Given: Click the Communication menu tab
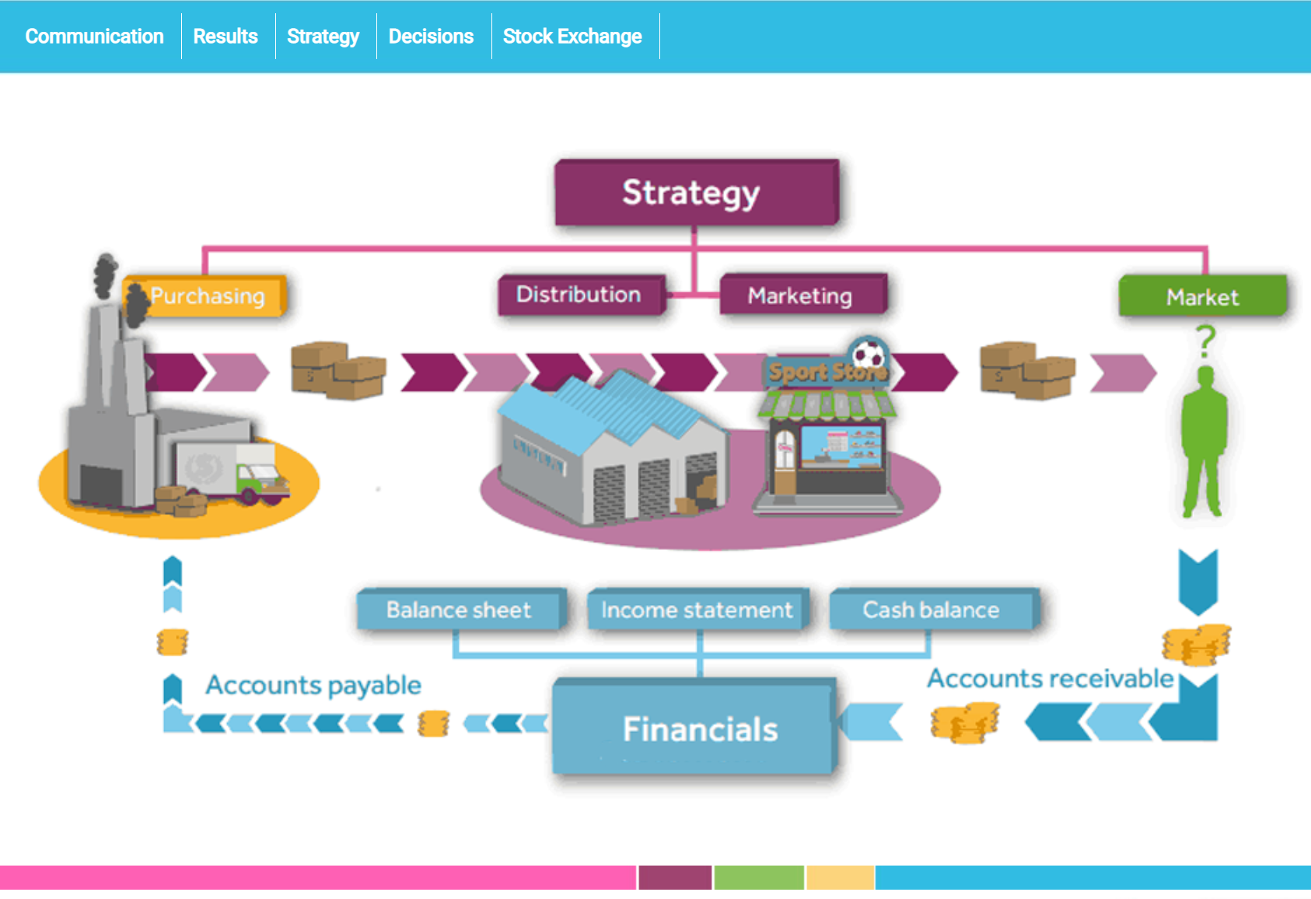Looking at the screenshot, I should pyautogui.click(x=94, y=37).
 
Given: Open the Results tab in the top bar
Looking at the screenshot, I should pyautogui.click(x=225, y=37).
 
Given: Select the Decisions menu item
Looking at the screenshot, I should pyautogui.click(x=431, y=37).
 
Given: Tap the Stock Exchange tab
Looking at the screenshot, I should pyautogui.click(x=572, y=37).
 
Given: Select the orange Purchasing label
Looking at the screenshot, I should pyautogui.click(x=207, y=296).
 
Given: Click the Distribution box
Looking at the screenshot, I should pyautogui.click(x=579, y=295).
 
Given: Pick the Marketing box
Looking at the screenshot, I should pyautogui.click(x=801, y=296).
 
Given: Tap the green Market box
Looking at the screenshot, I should pyautogui.click(x=1202, y=297).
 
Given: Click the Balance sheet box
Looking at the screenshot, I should pyautogui.click(x=460, y=610).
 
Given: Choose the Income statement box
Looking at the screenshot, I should pyautogui.click(x=697, y=610).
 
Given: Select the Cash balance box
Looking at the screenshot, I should pyautogui.click(x=932, y=610).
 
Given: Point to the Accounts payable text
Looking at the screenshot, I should pyautogui.click(x=313, y=685).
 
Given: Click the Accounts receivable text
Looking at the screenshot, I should pyautogui.click(x=1050, y=679).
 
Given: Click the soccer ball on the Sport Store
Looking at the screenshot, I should pyautogui.click(x=869, y=355).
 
